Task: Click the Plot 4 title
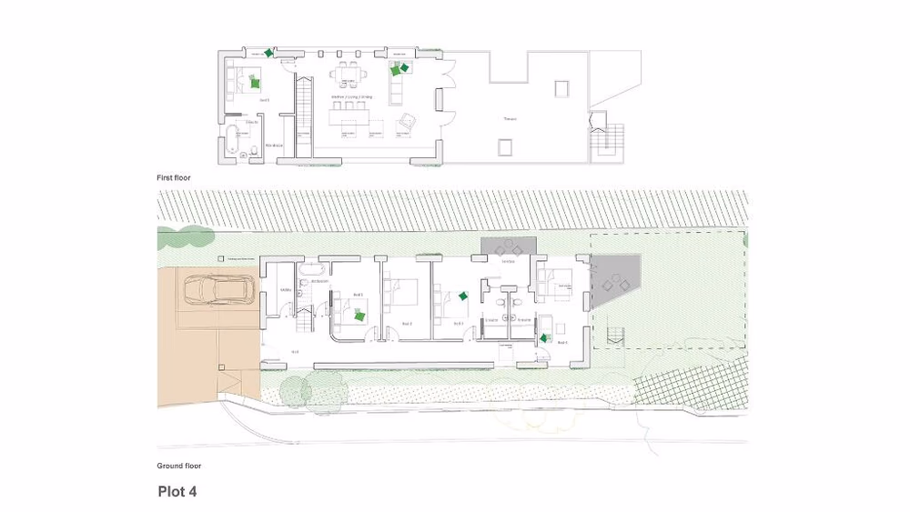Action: click(x=177, y=492)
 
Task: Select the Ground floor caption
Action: click(x=178, y=466)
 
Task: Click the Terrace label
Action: click(x=511, y=119)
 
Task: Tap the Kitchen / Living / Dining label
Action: click(x=351, y=95)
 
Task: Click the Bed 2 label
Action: click(x=407, y=323)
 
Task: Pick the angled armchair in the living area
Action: click(x=408, y=121)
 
